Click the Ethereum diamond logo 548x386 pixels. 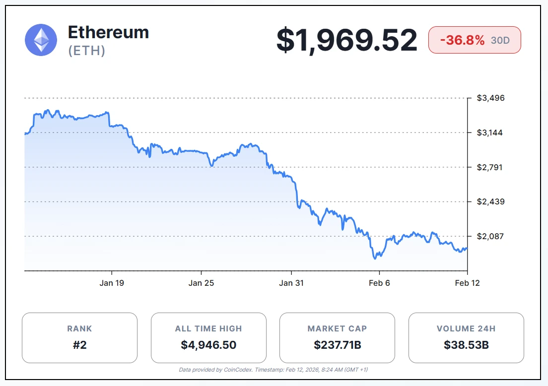[41, 40]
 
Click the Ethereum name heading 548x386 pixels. [108, 33]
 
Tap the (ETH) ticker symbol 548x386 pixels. [87, 51]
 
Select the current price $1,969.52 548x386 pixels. [346, 40]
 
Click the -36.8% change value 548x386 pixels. [461, 40]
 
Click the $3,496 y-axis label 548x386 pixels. [490, 98]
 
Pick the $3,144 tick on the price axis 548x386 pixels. [490, 132]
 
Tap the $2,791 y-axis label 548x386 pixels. [490, 167]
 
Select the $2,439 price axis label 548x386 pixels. [490, 201]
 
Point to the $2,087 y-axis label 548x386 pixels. [490, 236]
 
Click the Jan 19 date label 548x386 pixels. [112, 283]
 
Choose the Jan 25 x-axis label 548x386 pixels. [202, 283]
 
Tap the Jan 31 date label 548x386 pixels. [291, 283]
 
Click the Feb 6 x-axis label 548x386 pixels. [380, 283]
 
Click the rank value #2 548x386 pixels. [79, 345]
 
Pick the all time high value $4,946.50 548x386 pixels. [208, 345]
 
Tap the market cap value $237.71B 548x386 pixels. [338, 345]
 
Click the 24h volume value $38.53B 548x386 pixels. [466, 345]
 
